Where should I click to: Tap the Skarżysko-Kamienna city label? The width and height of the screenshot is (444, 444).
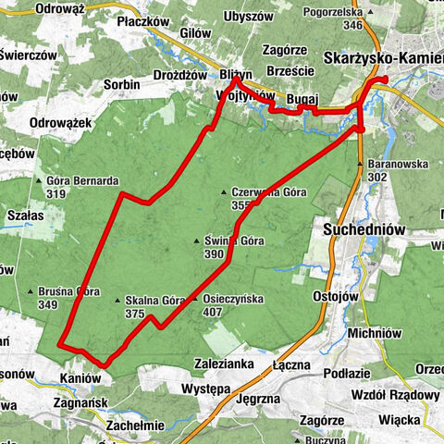[x=384, y=57]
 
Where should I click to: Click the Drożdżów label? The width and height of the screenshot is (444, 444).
[x=179, y=75]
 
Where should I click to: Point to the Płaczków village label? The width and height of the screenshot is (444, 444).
[x=143, y=20]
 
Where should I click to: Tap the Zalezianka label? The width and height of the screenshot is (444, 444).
[x=224, y=364]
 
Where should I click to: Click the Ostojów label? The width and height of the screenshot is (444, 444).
[x=335, y=297]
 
